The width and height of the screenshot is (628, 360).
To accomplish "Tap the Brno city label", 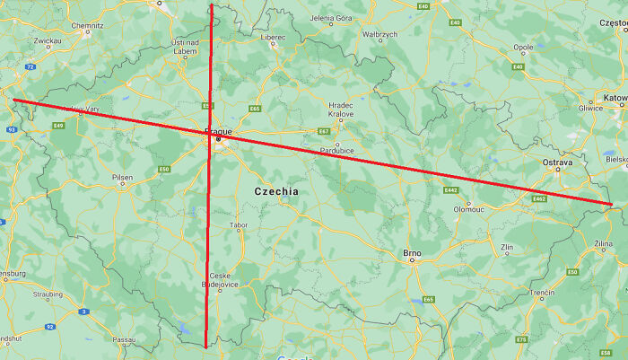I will (x=412, y=252).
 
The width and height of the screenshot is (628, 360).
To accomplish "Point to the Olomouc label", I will (x=468, y=208).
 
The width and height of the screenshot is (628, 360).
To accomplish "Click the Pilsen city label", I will (x=122, y=177).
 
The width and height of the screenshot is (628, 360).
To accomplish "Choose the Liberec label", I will (x=273, y=37).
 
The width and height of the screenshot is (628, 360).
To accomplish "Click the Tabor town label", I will (x=238, y=225).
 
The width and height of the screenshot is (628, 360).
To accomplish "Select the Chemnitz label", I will (x=87, y=26).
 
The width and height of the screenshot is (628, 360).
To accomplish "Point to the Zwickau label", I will (x=47, y=40).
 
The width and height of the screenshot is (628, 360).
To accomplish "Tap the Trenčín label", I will (x=542, y=293).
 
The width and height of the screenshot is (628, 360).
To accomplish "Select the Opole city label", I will (x=522, y=48).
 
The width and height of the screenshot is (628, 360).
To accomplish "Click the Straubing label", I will (x=48, y=293).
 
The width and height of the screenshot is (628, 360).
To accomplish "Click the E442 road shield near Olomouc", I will (x=450, y=189).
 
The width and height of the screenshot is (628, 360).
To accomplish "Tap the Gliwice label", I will (x=591, y=108).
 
